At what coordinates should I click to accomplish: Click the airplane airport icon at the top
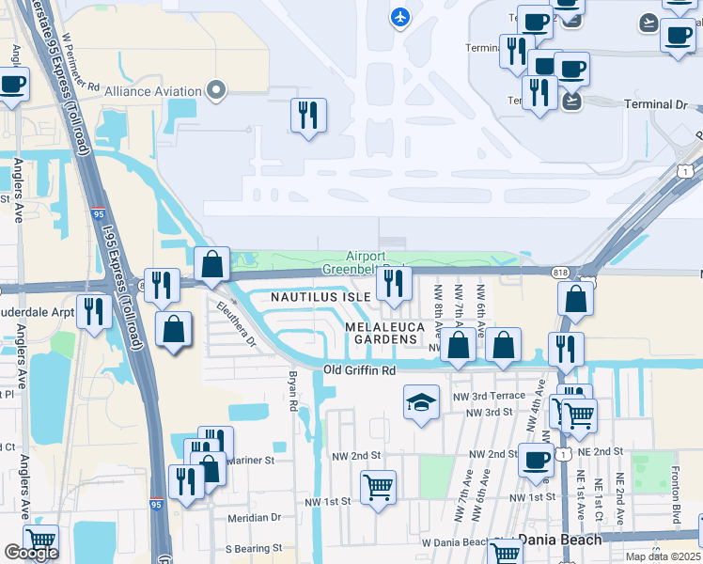point(400,17)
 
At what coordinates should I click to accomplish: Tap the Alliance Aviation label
point(153,91)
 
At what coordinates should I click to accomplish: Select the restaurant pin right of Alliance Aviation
point(308,116)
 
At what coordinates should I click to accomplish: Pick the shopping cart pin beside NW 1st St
point(378,487)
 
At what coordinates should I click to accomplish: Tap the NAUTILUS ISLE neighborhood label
point(320,296)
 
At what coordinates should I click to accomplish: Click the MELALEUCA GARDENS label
point(380,332)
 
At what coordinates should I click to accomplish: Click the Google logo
point(31,553)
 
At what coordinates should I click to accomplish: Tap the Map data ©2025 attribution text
point(662,556)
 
